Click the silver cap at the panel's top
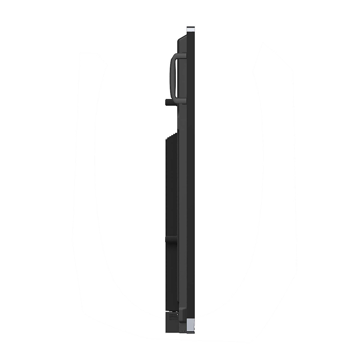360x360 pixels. point(190,30)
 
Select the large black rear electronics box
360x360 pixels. point(171,195)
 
